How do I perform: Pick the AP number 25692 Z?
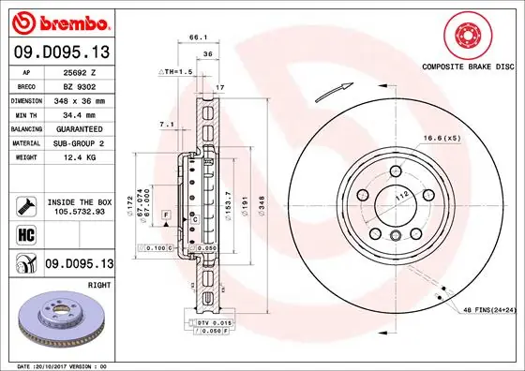[x=81, y=71]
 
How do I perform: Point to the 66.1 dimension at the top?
[x=198, y=37]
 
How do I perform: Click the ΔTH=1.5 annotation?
[x=175, y=71]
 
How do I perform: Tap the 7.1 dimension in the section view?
[x=165, y=123]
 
